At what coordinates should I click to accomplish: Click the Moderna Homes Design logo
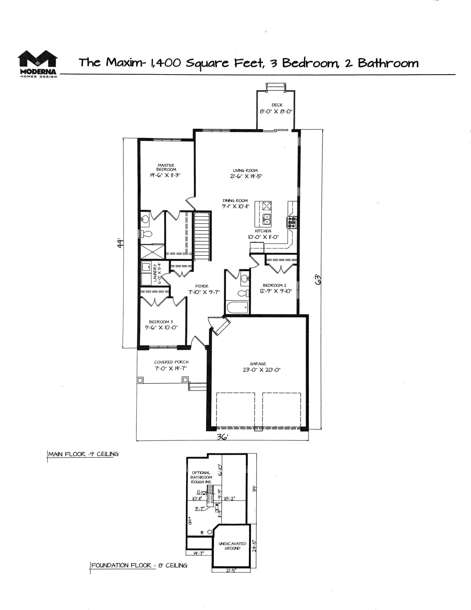[38, 64]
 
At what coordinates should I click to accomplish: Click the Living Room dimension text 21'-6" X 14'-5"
[245, 176]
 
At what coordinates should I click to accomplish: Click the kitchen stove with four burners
[291, 223]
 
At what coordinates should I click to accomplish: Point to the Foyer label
[202, 286]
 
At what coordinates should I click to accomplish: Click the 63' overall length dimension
[318, 279]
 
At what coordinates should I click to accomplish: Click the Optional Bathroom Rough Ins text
[201, 477]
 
